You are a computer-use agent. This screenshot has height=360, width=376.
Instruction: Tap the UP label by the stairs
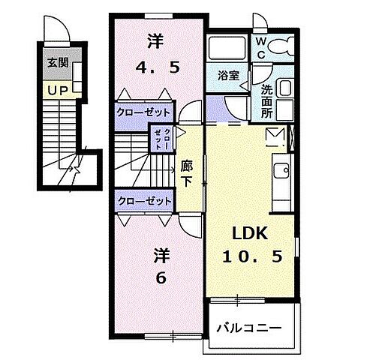click(57, 91)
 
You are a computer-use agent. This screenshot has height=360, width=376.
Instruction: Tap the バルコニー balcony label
click(249, 327)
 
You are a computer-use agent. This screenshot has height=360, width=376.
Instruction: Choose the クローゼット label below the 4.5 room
click(143, 112)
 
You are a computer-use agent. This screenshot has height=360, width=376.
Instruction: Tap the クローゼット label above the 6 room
click(143, 201)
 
